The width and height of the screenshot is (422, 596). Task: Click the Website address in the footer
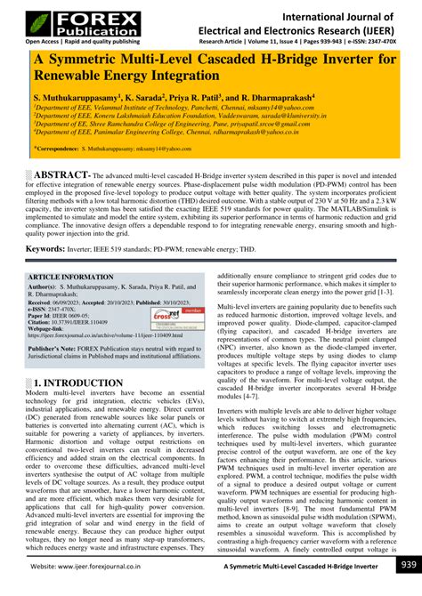97,567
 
